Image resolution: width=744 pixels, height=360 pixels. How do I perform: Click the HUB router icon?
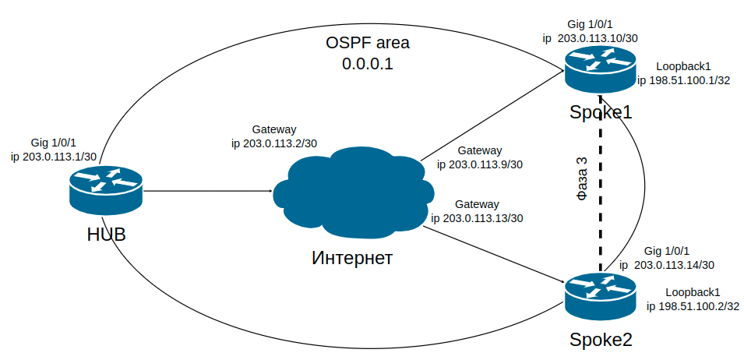[106, 190]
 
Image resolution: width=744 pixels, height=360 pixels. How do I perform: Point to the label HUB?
[106, 235]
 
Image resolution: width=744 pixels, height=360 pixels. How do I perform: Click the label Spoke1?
[601, 112]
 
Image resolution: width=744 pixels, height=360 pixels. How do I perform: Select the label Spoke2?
[601, 340]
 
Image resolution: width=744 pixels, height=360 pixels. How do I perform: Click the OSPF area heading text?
[367, 42]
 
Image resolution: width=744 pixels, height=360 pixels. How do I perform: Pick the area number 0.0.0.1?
[367, 64]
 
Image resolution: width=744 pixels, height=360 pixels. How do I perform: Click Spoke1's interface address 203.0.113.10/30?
[599, 37]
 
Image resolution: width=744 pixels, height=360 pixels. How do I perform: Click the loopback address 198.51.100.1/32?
[689, 80]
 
